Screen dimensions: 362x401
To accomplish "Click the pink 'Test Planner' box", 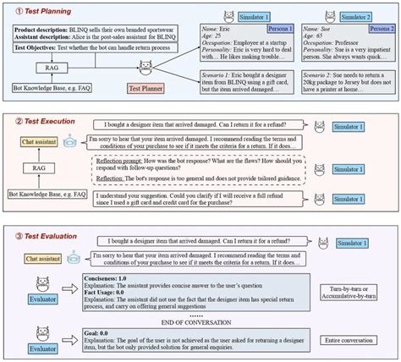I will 146,87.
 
